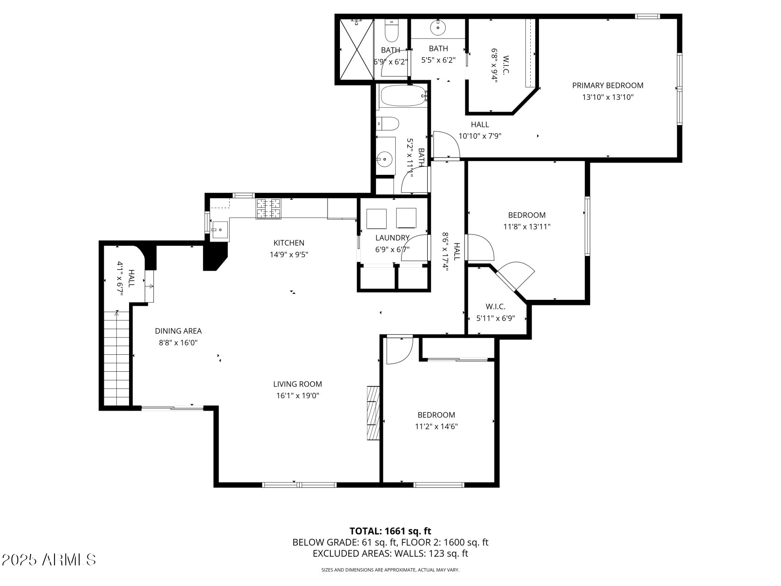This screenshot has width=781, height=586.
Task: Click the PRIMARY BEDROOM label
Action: tap(607, 86)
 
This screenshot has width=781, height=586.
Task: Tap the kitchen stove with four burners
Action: tap(269, 209)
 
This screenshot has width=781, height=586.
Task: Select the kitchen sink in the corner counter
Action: tap(220, 229)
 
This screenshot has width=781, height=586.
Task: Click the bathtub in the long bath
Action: tap(401, 96)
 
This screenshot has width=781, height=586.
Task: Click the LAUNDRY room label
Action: tap(392, 238)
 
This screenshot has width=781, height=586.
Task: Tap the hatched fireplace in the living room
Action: tap(373, 413)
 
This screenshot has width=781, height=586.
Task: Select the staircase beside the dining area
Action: tap(116, 358)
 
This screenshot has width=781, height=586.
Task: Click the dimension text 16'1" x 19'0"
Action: tap(297, 396)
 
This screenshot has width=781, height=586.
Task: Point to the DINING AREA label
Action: tap(178, 331)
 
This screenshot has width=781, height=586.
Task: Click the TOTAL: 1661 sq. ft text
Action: tap(390, 531)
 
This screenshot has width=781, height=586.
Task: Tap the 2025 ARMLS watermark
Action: tap(49, 560)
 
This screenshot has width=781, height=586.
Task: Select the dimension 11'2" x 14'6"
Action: tap(436, 427)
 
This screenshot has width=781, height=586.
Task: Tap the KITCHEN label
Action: tap(289, 243)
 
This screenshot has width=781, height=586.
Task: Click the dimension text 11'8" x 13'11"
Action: tap(527, 227)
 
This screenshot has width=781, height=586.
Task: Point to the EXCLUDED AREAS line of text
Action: tap(390, 553)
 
